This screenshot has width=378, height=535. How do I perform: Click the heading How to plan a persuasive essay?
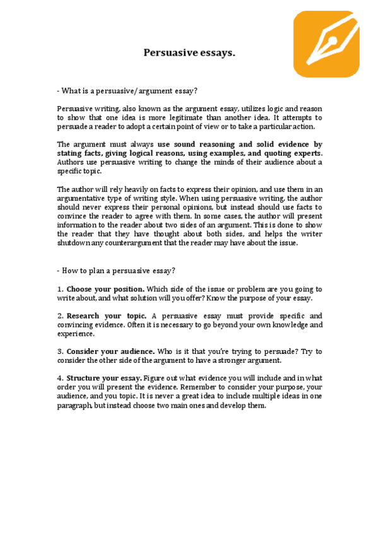pos(115,271)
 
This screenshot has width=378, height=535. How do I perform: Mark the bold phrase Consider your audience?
pos(110,351)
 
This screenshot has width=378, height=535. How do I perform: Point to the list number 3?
pos(59,351)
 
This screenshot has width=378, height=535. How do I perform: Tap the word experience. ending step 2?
pos(76,333)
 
